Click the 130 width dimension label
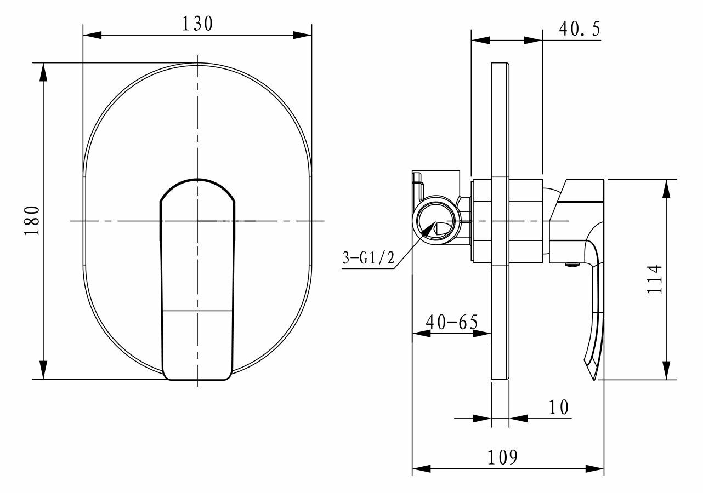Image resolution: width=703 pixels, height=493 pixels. click(197, 24)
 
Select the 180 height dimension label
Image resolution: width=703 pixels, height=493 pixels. click(32, 221)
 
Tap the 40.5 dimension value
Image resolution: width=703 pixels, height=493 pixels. click(580, 29)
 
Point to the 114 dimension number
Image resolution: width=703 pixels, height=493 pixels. click(655, 279)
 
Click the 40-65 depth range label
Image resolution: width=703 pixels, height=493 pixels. click(452, 322)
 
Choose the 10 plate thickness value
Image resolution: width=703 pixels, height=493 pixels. click(558, 408)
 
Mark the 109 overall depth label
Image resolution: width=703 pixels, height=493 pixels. click(502, 457)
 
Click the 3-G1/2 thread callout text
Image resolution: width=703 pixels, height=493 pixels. click(368, 258)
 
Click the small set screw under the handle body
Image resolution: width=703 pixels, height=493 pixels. click(572, 265)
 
